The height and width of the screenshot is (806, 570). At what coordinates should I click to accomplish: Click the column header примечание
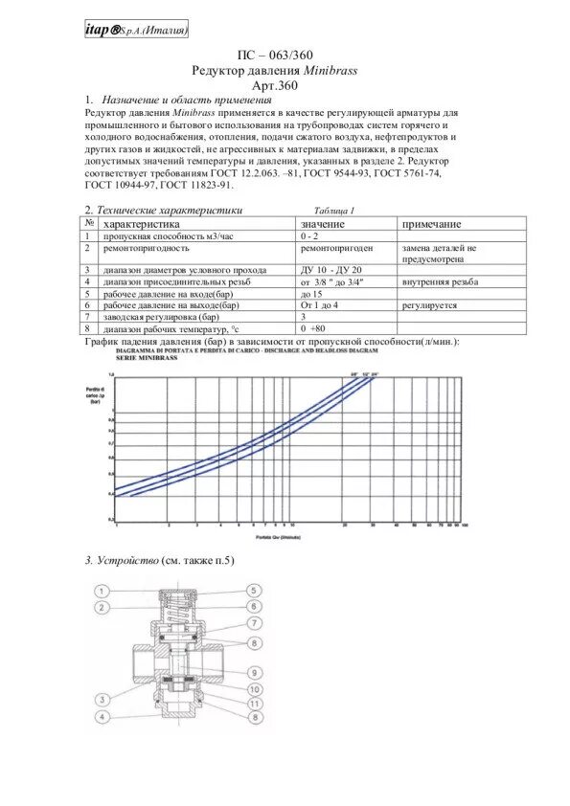tap(431, 224)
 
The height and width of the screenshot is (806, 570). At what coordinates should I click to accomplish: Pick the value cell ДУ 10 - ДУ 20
tap(332, 271)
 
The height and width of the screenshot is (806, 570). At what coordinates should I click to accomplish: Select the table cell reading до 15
tap(312, 294)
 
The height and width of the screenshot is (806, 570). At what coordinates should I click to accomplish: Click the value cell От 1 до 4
tap(320, 305)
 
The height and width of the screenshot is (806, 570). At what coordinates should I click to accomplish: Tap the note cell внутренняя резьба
tap(440, 282)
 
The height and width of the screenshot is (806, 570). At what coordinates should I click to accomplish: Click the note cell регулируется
tap(429, 305)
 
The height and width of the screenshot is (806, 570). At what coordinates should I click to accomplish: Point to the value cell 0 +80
tap(314, 328)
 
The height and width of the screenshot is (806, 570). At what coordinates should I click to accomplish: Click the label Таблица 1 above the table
tap(334, 211)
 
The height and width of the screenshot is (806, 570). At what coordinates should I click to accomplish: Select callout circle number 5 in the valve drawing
tap(255, 591)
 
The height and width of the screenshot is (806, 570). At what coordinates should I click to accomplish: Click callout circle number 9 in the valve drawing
tap(255, 672)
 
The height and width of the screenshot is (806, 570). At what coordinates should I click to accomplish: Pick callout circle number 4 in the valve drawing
tap(103, 716)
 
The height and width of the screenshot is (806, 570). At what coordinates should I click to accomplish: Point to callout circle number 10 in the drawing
tap(255, 688)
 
